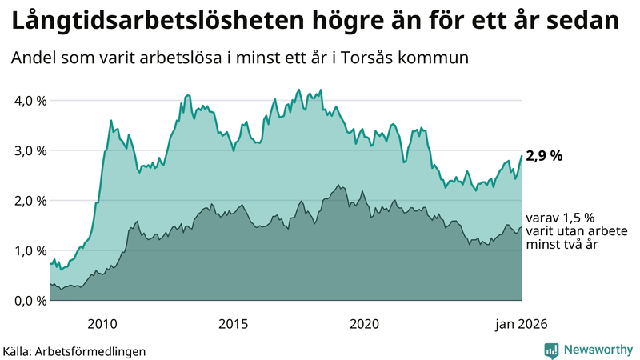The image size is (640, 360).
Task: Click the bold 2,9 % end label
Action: (x=544, y=156)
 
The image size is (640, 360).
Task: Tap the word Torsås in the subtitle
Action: (x=375, y=59)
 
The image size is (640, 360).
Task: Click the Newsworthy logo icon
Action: (x=551, y=350)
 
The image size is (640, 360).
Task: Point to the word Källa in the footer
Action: (x=18, y=350)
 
